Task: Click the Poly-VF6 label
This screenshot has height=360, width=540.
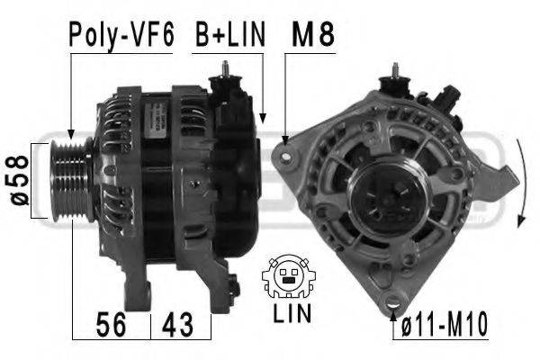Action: (121, 35)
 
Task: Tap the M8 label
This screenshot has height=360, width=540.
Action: (312, 34)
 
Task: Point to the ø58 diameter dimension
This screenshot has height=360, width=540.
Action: (20, 180)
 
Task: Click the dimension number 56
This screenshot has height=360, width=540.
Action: (111, 324)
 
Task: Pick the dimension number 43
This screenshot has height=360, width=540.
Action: (177, 324)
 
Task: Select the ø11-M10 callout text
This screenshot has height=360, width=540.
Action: (445, 324)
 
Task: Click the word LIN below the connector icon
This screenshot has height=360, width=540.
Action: (292, 313)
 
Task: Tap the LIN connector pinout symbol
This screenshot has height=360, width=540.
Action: (288, 276)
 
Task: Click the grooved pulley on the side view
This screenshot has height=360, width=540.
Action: (71, 180)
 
